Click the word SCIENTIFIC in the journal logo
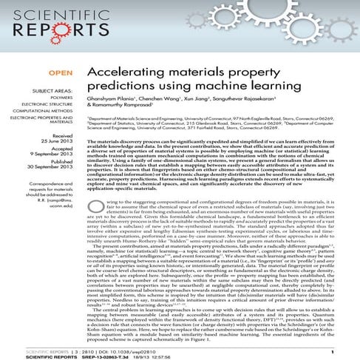point(45,16)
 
